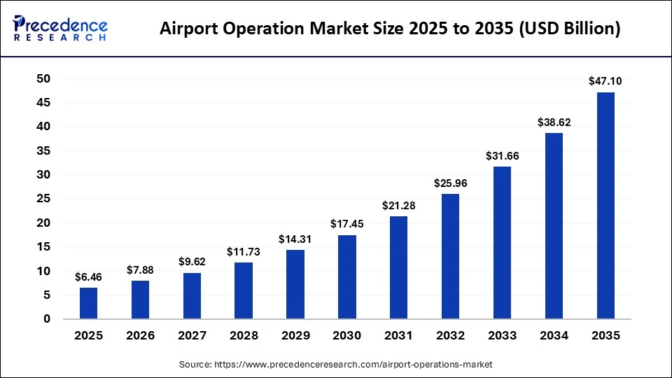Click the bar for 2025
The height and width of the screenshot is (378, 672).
click(88, 303)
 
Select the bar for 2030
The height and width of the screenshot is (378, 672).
click(347, 277)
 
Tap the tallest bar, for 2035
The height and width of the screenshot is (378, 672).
click(605, 206)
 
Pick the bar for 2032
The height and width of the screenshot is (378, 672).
click(450, 256)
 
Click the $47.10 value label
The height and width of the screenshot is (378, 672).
click(605, 81)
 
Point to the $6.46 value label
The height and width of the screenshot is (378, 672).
click(88, 276)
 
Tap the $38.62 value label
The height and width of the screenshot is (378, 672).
click(554, 122)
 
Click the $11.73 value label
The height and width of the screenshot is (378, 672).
click(244, 251)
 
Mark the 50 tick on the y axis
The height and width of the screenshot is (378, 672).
click(43, 79)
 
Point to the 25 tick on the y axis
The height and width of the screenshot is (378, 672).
click(43, 199)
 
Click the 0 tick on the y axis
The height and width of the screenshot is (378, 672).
click(47, 319)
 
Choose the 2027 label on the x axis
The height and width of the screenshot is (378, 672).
click(192, 336)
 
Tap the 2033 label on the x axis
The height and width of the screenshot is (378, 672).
click(502, 336)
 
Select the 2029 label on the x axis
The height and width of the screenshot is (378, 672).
click(295, 336)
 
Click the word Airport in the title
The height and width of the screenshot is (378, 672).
click(190, 29)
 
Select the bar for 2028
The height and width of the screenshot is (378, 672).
click(244, 290)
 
